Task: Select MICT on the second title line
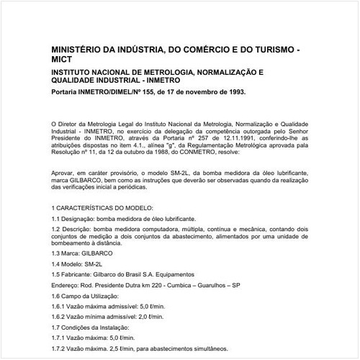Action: tap(63, 62)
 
